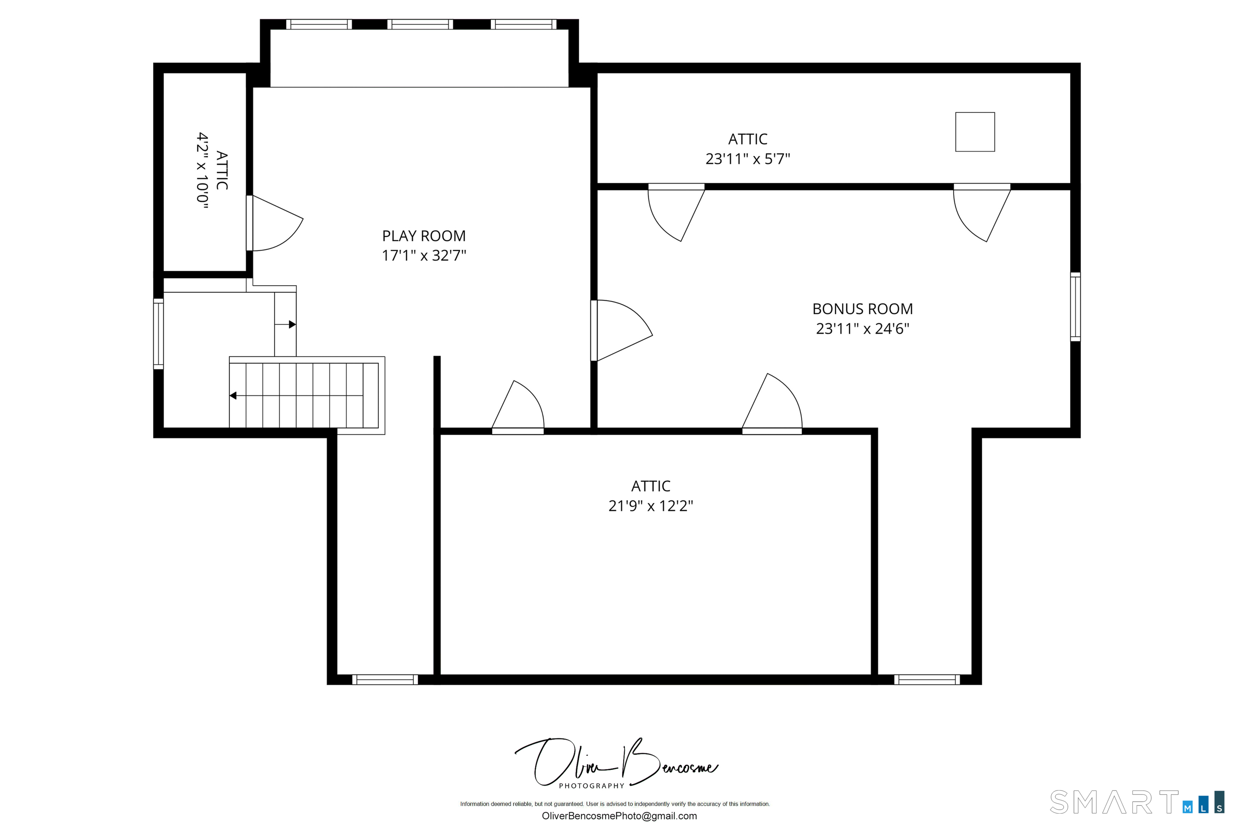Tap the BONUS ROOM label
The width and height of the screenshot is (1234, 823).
(862, 309)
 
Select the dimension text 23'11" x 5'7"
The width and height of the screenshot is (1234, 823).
(748, 158)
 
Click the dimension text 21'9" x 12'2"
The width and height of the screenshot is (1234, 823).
(651, 506)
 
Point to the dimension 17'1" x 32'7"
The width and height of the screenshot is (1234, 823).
(423, 256)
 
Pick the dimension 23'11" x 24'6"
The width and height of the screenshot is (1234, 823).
(862, 329)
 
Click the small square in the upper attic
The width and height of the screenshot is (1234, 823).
(975, 132)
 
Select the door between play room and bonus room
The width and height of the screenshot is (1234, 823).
(622, 331)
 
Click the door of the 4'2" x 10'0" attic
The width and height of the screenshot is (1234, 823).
(274, 223)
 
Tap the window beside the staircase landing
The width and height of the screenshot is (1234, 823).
(158, 334)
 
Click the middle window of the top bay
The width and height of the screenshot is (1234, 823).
(420, 24)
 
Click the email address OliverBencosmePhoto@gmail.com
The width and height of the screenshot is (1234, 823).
(619, 816)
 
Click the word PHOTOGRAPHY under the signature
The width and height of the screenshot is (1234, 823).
(591, 786)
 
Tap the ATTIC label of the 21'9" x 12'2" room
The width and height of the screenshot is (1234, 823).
(651, 486)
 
